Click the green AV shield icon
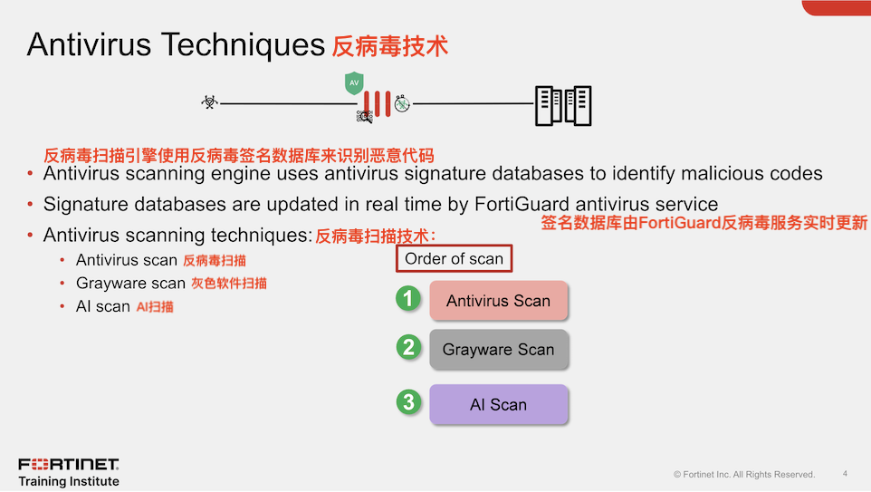tap(354, 82)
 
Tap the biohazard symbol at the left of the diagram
tap(209, 102)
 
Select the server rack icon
tap(562, 106)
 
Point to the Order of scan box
tap(454, 259)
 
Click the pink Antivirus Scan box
tap(498, 301)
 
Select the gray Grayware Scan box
tap(498, 349)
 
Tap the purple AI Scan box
tap(498, 405)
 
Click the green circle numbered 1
tap(409, 298)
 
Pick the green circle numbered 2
tap(409, 347)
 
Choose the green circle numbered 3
tap(409, 401)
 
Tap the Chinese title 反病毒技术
tap(389, 46)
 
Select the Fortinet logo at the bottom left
tap(69, 465)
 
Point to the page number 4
tap(845, 473)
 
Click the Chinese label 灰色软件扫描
tap(229, 284)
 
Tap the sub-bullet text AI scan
tap(103, 306)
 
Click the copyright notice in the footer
tap(744, 474)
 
